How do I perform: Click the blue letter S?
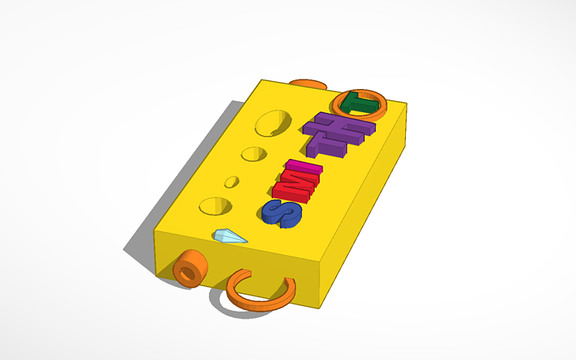(282, 212)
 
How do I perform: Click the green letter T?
(359, 103)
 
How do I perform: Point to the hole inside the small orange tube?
(187, 273)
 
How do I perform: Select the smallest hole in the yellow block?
(231, 181)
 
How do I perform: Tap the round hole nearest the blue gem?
(215, 205)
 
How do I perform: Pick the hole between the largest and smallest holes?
(254, 153)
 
